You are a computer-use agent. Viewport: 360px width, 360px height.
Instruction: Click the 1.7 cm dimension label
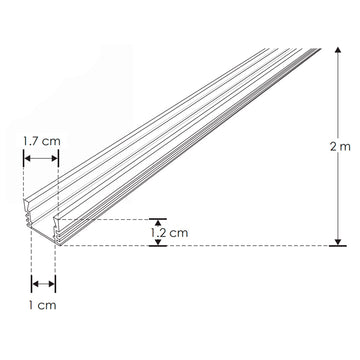coord(40,141)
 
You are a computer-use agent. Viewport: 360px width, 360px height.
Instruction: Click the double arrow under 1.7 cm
coord(40,158)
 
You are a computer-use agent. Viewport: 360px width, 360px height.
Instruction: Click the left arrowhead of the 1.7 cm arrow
coord(26,158)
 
